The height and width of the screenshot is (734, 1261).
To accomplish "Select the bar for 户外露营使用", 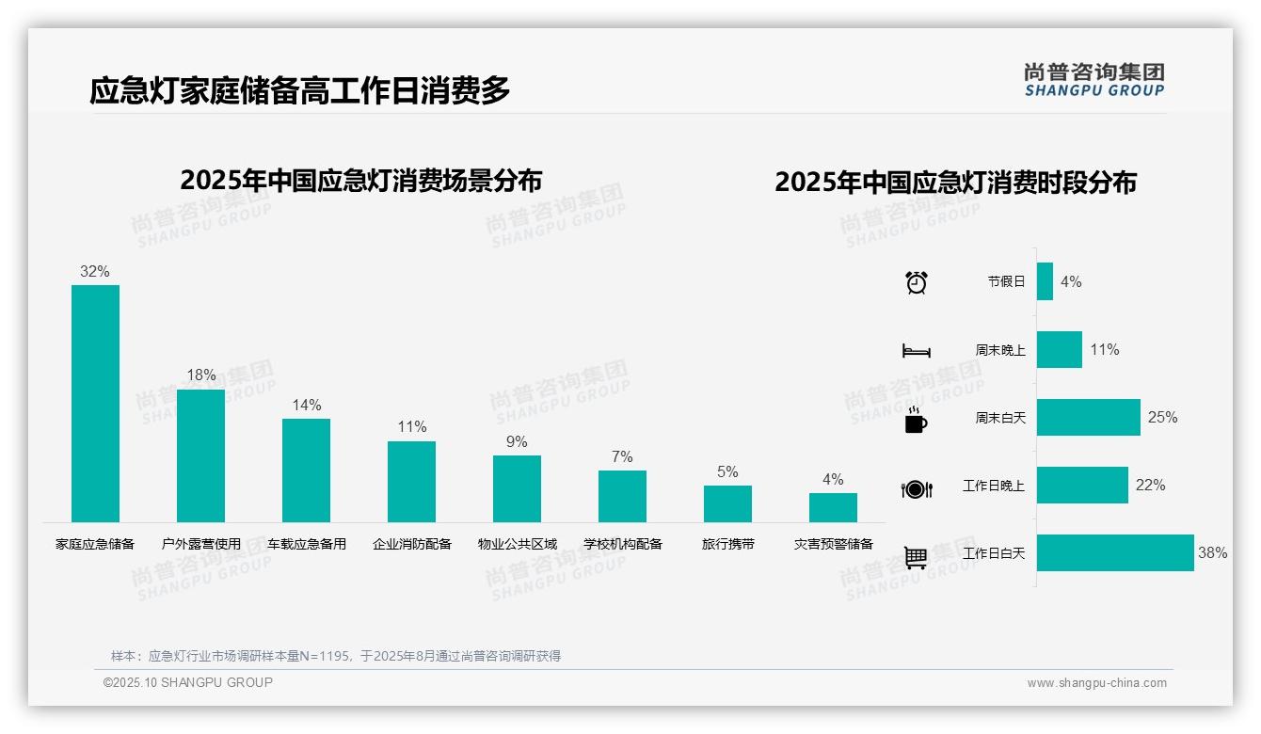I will (200, 455).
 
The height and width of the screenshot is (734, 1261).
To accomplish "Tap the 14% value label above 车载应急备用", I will (307, 406).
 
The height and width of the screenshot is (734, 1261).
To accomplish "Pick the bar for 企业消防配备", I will (411, 481).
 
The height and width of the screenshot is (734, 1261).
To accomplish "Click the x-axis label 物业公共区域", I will (517, 544).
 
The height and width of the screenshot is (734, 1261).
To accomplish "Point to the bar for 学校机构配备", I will (622, 496).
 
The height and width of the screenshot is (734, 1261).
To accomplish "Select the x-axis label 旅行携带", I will (727, 544).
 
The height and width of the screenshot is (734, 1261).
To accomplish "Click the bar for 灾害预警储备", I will (833, 507).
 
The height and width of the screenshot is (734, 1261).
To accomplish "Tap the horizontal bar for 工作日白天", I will (1115, 553).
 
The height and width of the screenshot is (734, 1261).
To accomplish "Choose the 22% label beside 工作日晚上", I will (1150, 486).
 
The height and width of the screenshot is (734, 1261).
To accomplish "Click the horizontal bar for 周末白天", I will (1088, 417).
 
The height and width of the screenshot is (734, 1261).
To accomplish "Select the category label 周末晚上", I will (1000, 350).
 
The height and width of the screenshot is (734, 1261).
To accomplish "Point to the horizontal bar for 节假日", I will (1045, 281).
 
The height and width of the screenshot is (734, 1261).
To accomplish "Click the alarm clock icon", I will (916, 281).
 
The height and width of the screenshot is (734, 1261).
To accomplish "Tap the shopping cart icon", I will (916, 557).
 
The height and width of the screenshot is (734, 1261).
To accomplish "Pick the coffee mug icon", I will (916, 421).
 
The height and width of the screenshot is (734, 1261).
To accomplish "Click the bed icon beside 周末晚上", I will (916, 351).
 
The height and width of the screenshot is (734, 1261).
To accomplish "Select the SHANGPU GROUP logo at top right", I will (1093, 79).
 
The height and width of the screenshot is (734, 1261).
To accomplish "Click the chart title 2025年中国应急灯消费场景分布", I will (360, 181).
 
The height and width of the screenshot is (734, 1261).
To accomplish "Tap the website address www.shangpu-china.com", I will (1096, 683).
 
